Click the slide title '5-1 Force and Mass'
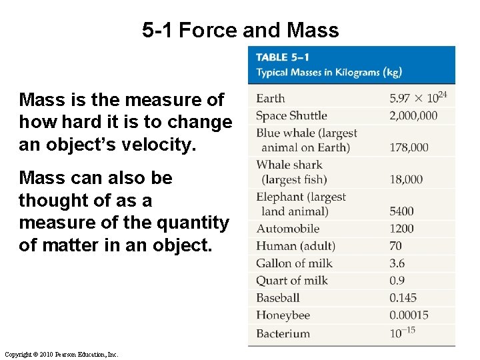tap(240, 30)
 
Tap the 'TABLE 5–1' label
tap(282, 58)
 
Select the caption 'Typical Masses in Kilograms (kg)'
tap(329, 72)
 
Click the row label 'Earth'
tap(270, 99)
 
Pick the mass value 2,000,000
tap(413, 116)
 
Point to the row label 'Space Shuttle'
tap(291, 116)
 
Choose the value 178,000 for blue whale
tap(409, 147)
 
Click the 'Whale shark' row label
tap(289, 165)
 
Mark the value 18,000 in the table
tap(406, 179)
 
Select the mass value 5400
tap(401, 211)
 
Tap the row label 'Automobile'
tap(288, 229)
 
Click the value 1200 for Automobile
tap(401, 229)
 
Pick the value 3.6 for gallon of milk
tap(397, 263)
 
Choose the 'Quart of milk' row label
tap(291, 281)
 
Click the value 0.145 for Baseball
tap(403, 298)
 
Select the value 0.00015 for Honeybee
tap(409, 315)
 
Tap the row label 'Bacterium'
tap(283, 333)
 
